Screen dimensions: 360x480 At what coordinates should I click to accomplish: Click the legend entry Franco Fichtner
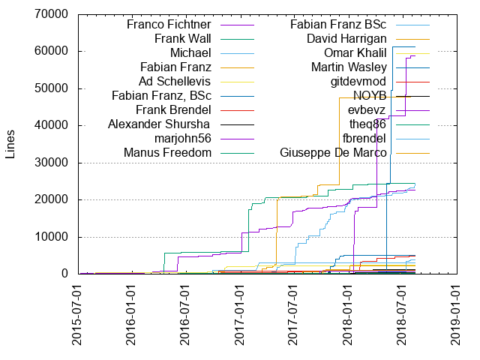click(169, 24)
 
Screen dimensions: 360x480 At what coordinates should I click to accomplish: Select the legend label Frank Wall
click(182, 38)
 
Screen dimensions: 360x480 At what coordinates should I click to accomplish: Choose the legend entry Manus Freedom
click(167, 153)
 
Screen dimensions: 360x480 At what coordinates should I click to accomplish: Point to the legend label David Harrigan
click(346, 38)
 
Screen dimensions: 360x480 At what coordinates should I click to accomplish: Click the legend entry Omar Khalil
click(355, 52)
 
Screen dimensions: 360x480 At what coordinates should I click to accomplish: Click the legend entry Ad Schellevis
click(175, 81)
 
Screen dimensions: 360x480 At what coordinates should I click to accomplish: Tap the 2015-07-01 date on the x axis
click(78, 315)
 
